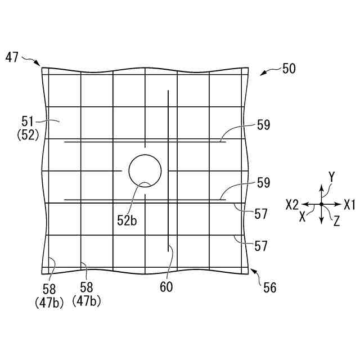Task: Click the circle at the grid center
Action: pos(145,170)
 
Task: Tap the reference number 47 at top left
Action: pos(12,57)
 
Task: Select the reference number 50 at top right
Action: pos(289,69)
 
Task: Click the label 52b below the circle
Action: pos(127,220)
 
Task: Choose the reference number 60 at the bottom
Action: pos(166,287)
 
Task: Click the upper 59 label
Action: pos(263,125)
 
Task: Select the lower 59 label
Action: pos(263,183)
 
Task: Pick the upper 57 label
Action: pos(261,214)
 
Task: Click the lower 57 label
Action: pos(261,246)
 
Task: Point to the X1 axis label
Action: pos(350,204)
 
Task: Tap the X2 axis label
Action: pos(292,204)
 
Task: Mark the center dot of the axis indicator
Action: pos(321,204)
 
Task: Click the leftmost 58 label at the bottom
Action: pos(49,289)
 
